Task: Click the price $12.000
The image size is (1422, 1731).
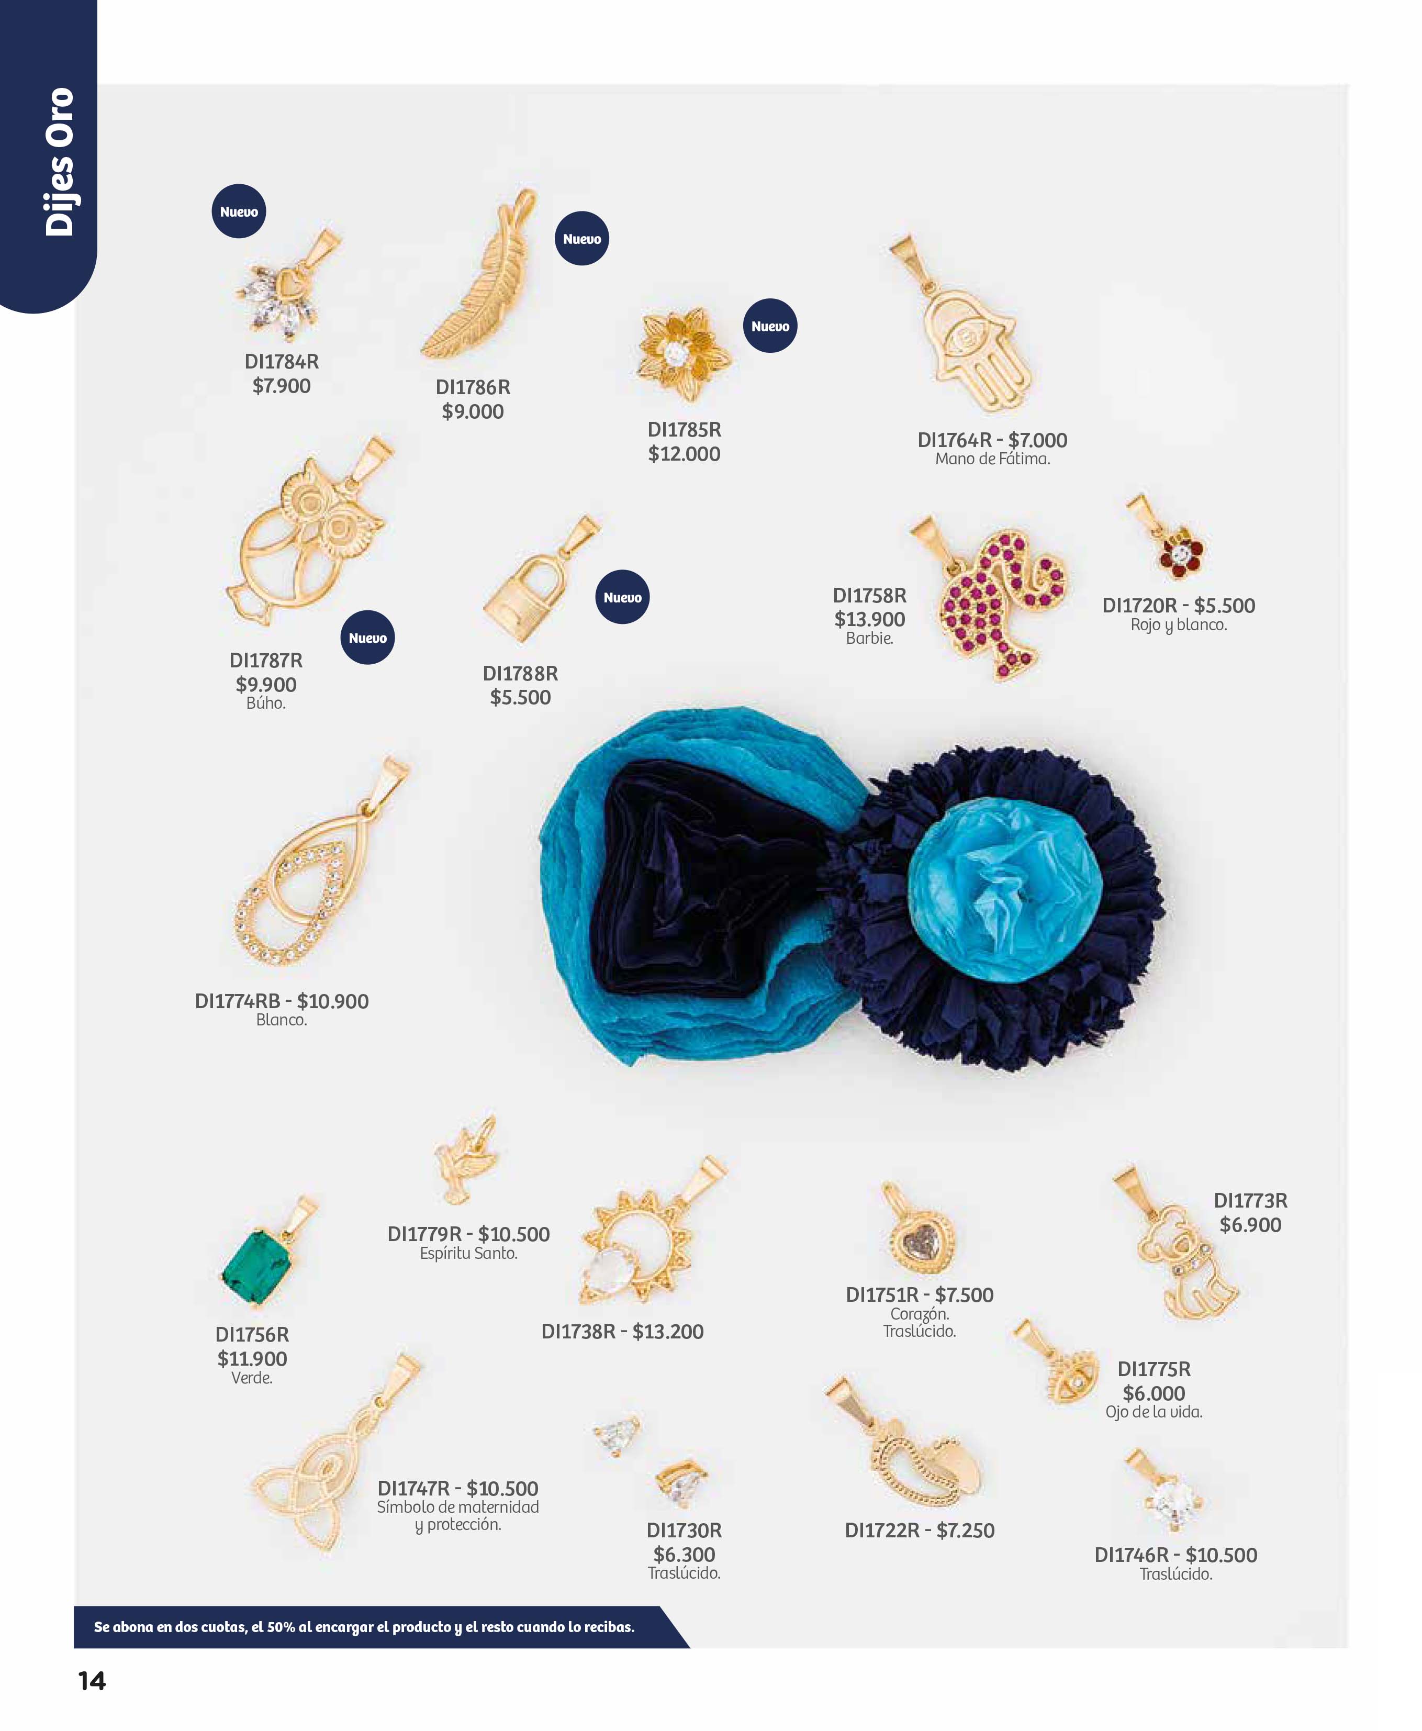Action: [684, 454]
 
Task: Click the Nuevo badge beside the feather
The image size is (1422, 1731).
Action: [581, 238]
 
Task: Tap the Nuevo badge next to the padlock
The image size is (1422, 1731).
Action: [622, 597]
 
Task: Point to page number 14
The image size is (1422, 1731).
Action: [92, 1681]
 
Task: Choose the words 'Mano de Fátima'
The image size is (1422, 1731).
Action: [992, 459]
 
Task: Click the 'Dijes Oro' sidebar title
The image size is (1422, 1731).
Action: [59, 162]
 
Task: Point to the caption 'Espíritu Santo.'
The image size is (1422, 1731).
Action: [468, 1254]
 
